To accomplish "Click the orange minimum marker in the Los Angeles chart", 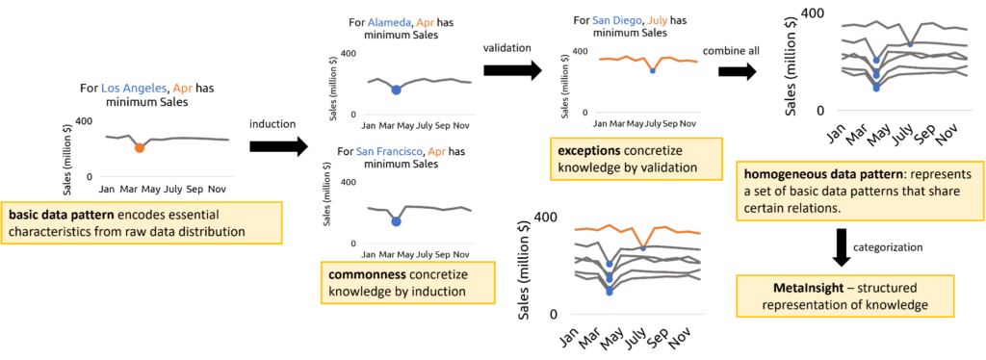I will tap(140, 147).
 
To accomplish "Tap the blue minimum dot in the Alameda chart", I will tap(396, 90).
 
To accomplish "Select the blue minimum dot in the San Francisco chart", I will tap(396, 221).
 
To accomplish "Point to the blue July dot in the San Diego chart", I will tap(652, 70).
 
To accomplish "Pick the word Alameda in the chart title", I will tap(390, 22).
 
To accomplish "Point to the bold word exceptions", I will tap(588, 152).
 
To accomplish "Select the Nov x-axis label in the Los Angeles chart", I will tap(218, 190).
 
